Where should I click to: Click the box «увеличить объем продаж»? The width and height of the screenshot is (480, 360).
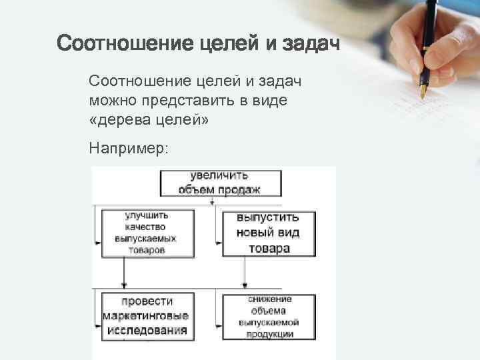pos(220,183)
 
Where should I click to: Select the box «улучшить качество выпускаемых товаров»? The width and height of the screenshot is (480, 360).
pos(147,233)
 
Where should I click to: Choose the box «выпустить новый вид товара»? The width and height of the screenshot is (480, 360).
pos(269,233)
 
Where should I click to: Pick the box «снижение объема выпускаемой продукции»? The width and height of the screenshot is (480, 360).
pos(269,317)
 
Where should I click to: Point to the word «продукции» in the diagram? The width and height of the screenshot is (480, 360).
pos(269,333)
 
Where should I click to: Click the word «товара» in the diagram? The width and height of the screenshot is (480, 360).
pos(269,249)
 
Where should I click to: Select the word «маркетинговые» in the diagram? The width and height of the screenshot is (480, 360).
pos(146,315)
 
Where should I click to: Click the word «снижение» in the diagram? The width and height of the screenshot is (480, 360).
pos(269,300)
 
